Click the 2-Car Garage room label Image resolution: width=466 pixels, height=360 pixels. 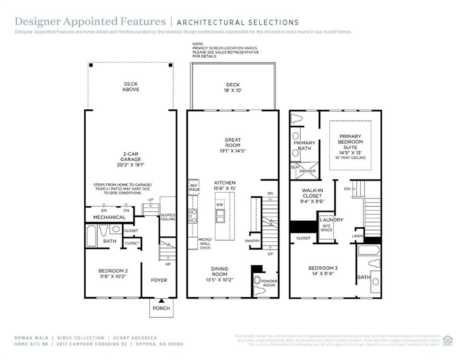pos(130,157)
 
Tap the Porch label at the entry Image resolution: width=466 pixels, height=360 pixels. pos(161,308)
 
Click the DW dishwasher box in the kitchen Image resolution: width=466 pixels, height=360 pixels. pos(220,205)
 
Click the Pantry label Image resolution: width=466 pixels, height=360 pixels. pos(252,241)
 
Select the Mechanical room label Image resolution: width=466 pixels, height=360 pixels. pos(109,217)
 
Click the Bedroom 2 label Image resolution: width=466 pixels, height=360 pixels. pos(113,271)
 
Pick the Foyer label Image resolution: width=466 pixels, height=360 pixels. pos(159,280)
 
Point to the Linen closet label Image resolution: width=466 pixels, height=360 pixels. pos(357,236)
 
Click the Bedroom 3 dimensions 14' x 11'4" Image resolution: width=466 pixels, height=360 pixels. pos(323,274)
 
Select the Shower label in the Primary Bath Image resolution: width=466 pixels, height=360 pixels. pos(307,171)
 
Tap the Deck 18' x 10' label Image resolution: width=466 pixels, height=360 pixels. pos(233,88)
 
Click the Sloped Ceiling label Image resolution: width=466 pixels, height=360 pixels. pos(168,217)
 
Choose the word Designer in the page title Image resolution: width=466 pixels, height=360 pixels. pos(37,22)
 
